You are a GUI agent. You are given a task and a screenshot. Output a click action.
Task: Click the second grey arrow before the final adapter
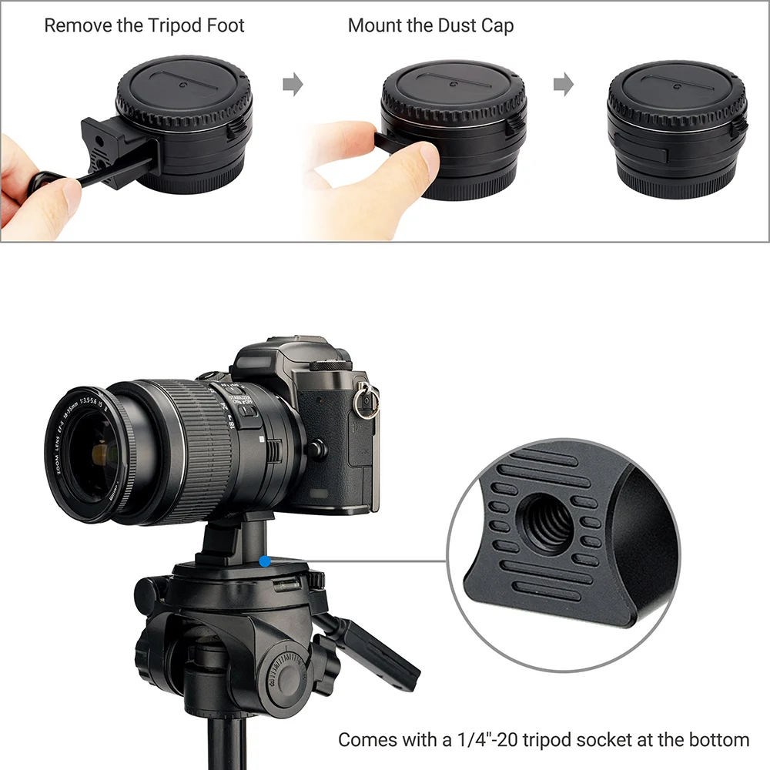564,84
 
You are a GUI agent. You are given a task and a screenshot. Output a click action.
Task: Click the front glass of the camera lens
90,454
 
